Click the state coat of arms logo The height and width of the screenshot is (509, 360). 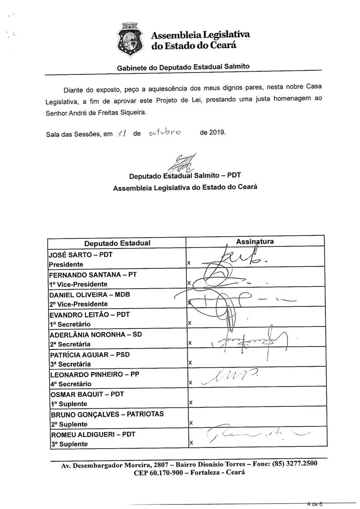coord(130,42)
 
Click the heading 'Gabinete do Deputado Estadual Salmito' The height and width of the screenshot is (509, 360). coord(183,67)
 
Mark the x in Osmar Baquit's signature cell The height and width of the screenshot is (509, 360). coord(191,402)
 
